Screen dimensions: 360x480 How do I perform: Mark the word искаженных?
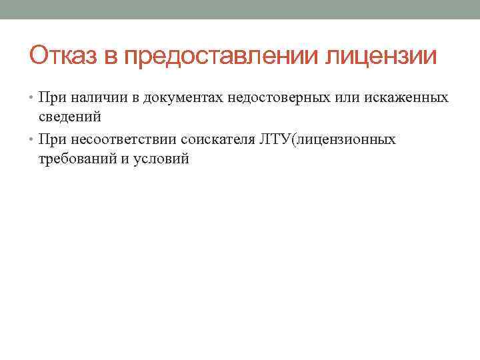(x=407, y=99)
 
